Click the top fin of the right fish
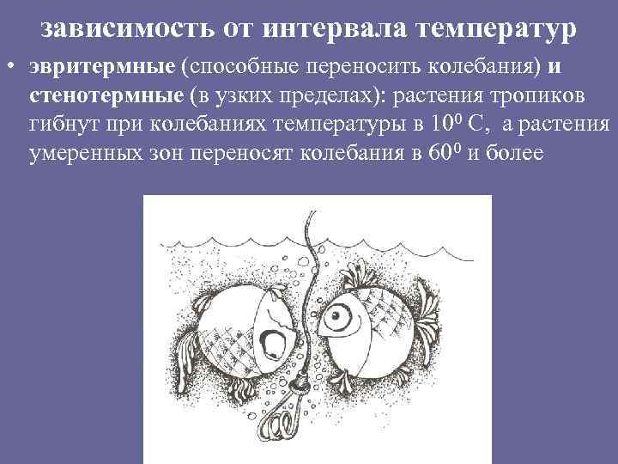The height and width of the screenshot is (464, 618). point(360,273)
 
